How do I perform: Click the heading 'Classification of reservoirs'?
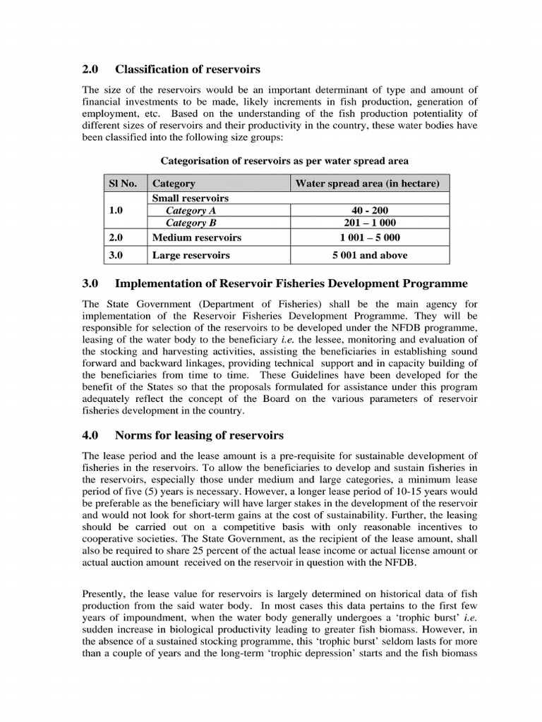[x=187, y=69]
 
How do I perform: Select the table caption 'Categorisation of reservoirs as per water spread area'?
[x=284, y=161]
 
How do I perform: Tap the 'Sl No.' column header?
[x=122, y=183]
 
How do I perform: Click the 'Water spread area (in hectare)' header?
[x=367, y=183]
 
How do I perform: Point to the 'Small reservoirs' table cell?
[x=191, y=198]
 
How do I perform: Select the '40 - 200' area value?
[x=370, y=210]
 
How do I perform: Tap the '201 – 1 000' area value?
[x=370, y=223]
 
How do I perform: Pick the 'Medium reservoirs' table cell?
[x=196, y=238]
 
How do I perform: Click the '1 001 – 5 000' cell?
[x=370, y=238]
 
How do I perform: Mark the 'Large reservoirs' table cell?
[x=191, y=255]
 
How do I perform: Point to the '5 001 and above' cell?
[x=370, y=255]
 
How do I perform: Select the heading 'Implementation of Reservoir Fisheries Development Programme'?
[x=291, y=283]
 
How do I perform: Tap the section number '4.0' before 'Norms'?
[x=90, y=435]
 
